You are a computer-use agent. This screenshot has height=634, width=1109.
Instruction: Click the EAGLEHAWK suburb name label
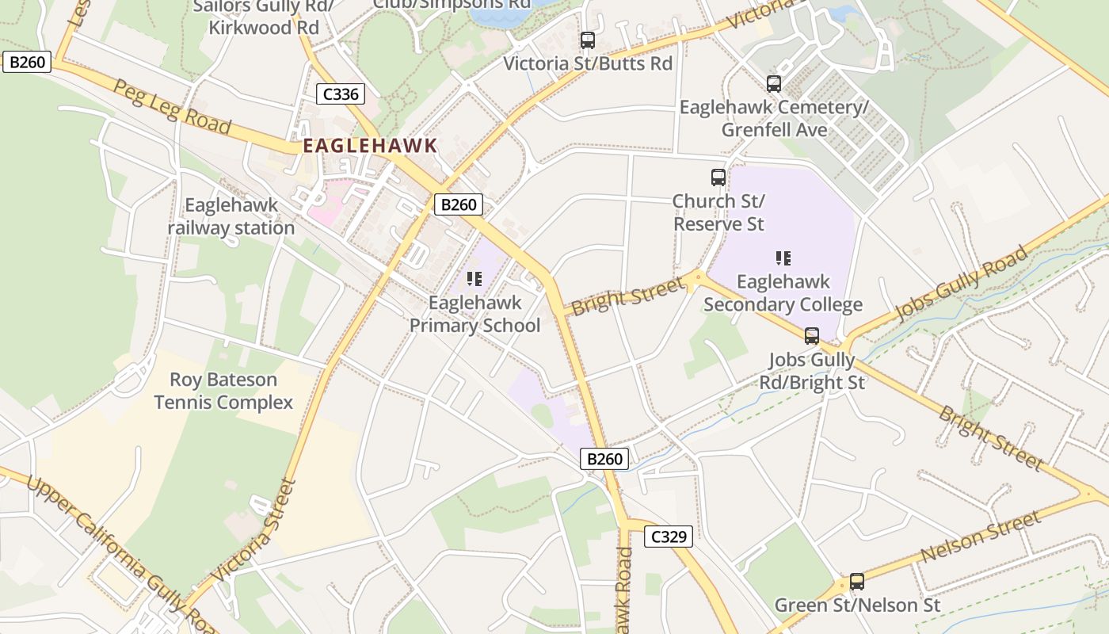point(370,146)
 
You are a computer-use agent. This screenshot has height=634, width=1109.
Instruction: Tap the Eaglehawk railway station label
point(231,216)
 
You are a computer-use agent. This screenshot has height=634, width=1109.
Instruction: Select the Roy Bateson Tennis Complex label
point(223,391)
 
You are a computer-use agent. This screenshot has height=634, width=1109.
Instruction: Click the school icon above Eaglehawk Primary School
point(474,279)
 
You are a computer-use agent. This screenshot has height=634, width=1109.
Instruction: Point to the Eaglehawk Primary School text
point(474,314)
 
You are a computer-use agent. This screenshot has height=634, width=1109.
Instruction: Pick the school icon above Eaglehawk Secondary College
point(783,258)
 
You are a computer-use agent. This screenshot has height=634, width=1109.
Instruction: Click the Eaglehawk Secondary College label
point(783,293)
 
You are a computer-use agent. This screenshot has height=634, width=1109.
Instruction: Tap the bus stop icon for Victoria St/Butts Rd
point(588,40)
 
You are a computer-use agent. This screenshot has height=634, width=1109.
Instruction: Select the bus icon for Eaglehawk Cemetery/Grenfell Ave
point(774,83)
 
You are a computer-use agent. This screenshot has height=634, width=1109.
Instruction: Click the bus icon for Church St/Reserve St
point(718,178)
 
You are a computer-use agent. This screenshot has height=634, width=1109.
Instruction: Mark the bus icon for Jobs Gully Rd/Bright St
point(812,336)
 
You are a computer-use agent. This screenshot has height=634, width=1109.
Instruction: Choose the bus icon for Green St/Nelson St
point(857,582)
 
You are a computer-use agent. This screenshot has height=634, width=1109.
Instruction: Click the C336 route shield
point(341,94)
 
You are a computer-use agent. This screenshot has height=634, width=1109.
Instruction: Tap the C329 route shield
point(668,537)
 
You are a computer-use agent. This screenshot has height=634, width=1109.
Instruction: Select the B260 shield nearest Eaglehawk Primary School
point(459,204)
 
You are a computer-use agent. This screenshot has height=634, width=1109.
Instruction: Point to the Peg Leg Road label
point(173,106)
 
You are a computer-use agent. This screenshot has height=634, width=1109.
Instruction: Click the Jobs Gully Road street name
point(962,284)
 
